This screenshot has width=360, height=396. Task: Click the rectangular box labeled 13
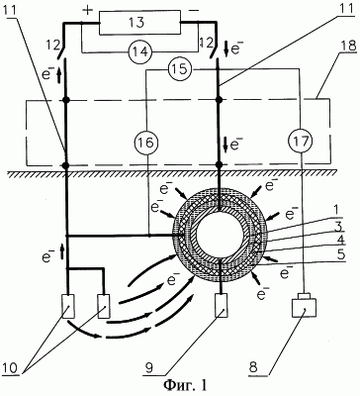[x=139, y=23]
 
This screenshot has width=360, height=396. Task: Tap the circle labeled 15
[x=178, y=69]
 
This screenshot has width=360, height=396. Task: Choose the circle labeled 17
[x=302, y=143]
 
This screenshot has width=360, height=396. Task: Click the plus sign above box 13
[x=88, y=11]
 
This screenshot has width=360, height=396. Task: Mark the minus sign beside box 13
[x=193, y=10]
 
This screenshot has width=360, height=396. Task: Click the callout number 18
[x=348, y=46]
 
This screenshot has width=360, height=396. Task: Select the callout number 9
[x=150, y=368]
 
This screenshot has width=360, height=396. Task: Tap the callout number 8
[x=253, y=367]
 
